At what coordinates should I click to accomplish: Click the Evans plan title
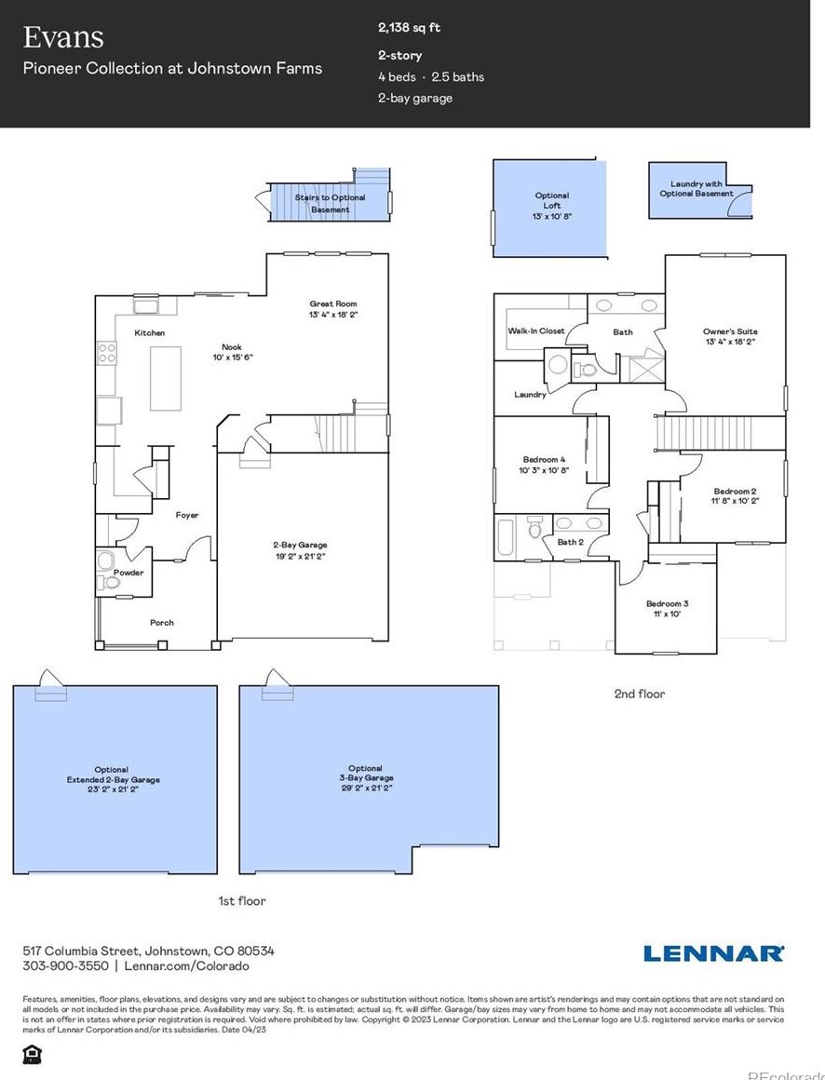[63, 37]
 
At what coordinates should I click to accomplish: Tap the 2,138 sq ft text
[409, 28]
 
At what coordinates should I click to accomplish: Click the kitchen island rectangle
[166, 378]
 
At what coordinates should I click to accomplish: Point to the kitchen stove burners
[107, 353]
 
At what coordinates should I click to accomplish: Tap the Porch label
[161, 623]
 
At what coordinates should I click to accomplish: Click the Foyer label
[187, 515]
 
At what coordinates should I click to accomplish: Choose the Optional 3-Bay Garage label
[366, 778]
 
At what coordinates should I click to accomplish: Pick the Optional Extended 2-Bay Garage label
[113, 775]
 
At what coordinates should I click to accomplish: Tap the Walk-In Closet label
[535, 331]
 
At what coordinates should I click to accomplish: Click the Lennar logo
[713, 952]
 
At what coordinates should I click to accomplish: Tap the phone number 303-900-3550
[65, 967]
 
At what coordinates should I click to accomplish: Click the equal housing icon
[32, 1054]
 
